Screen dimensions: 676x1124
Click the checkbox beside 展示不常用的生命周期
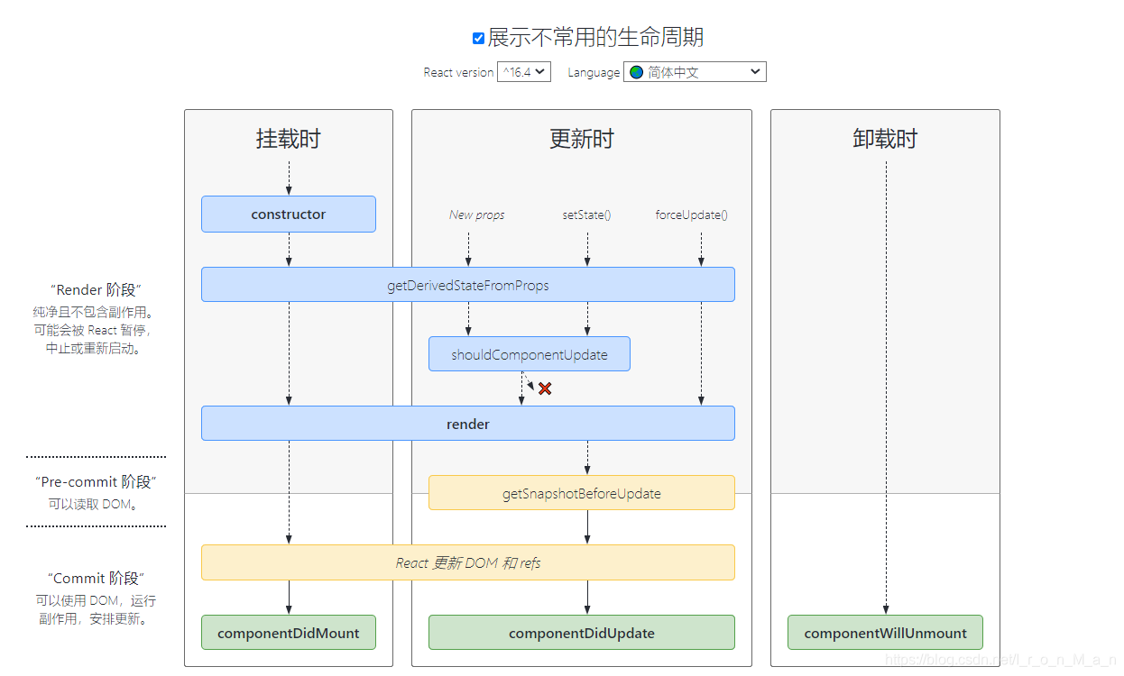(x=478, y=38)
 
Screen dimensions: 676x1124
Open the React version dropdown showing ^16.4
(x=523, y=72)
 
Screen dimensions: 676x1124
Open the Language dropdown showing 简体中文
(x=694, y=72)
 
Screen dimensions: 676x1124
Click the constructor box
(x=289, y=215)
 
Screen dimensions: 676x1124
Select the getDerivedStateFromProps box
(x=467, y=285)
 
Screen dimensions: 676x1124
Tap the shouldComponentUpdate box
(x=529, y=354)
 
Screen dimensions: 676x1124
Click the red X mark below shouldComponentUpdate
(x=545, y=388)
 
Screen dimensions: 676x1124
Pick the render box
(x=467, y=424)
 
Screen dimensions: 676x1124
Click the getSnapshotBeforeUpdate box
(x=581, y=493)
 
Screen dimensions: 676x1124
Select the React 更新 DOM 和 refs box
(x=467, y=562)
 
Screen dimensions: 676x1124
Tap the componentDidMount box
(x=289, y=633)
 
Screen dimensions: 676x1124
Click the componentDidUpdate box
(x=581, y=633)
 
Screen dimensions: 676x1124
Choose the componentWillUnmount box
(x=885, y=633)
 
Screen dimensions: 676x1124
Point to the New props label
(x=476, y=215)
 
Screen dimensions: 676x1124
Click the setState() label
(x=586, y=215)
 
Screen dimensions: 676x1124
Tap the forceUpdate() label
(x=691, y=215)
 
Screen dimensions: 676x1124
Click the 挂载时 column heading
(x=289, y=139)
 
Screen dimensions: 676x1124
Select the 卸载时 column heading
(x=885, y=139)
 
